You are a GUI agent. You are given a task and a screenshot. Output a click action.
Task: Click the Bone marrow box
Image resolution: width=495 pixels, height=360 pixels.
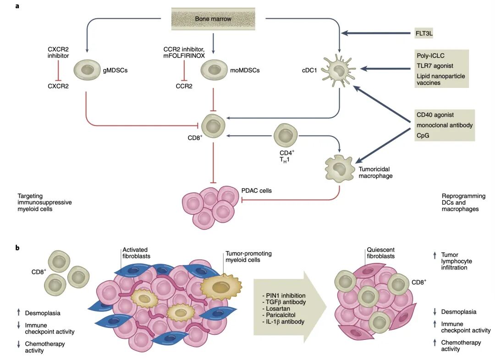coord(213,18)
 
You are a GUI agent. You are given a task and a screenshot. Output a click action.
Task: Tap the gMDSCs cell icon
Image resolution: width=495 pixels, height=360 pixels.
coord(86,71)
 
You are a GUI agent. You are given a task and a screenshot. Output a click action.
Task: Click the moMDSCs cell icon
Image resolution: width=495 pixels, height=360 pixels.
coord(213,71)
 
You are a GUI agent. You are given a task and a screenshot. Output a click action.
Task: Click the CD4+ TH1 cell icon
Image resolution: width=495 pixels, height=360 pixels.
coord(286,136)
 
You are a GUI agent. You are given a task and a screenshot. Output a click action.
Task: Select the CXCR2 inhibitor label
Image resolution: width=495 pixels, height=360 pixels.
coord(58,52)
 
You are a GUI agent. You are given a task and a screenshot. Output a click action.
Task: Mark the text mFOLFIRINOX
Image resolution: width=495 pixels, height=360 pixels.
coord(184,56)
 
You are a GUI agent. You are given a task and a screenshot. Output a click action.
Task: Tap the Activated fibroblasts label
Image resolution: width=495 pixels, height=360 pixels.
coord(136,253)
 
